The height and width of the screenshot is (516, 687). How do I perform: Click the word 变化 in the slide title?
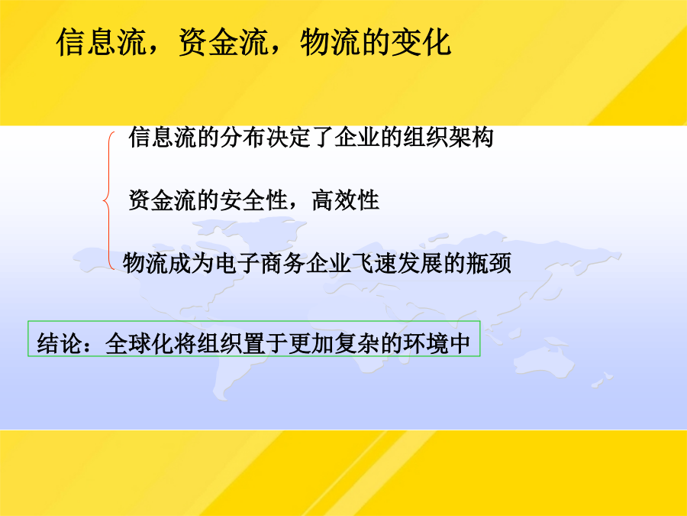pyautogui.click(x=421, y=43)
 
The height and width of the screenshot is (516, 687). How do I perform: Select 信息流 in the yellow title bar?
pyautogui.click(x=102, y=43)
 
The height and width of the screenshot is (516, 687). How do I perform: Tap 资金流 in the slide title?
pyautogui.click(x=224, y=43)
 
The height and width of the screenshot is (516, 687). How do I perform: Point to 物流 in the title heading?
pyautogui.click(x=331, y=43)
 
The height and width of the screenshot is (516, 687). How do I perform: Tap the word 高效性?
pyautogui.click(x=345, y=200)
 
